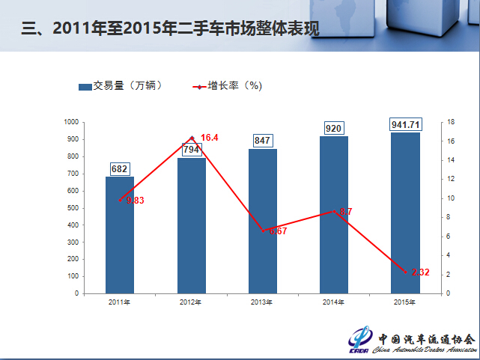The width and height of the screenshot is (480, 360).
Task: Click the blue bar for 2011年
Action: (120, 235)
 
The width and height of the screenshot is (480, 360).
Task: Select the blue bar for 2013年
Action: (263, 221)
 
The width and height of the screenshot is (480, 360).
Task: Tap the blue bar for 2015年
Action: (406, 213)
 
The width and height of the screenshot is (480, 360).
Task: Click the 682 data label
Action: (119, 169)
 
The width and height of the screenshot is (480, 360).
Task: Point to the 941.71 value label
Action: (406, 124)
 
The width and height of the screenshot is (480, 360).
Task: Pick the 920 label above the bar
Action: (333, 129)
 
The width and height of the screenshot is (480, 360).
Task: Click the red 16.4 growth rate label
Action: (210, 138)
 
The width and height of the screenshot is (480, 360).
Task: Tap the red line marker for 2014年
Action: (334, 211)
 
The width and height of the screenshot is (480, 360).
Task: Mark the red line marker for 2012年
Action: (192, 138)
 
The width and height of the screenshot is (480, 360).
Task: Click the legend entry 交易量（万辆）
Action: (120, 86)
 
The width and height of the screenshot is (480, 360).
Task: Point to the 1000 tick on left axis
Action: (71, 122)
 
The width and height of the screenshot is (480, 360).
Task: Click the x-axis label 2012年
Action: (191, 302)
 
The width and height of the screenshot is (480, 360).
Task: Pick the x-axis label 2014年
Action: (334, 302)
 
